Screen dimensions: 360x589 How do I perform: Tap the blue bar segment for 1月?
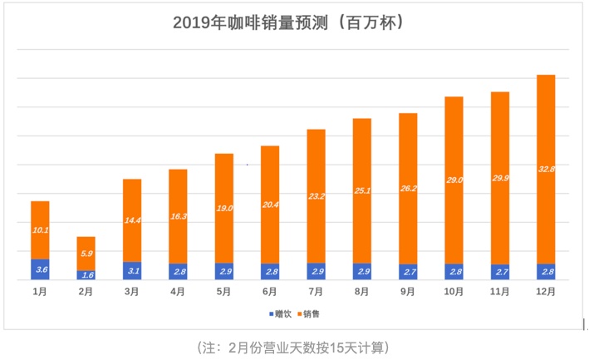click(40, 269)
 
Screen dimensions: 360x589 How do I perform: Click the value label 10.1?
click(40, 229)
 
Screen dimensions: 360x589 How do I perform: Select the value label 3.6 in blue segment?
click(40, 269)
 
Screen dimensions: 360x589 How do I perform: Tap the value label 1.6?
click(86, 274)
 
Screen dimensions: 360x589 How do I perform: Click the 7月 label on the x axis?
click(316, 292)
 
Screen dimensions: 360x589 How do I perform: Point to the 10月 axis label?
click(454, 292)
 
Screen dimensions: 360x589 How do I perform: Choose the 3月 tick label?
click(132, 292)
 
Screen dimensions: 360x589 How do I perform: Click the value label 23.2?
click(316, 197)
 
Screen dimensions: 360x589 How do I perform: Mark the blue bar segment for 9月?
click(408, 272)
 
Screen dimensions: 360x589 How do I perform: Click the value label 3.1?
click(132, 270)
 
